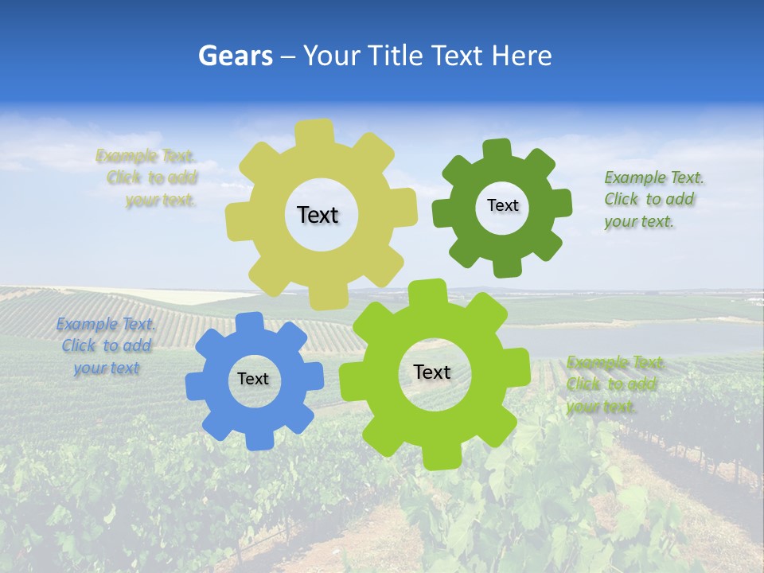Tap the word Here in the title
pos(521,57)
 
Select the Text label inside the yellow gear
pos(318,215)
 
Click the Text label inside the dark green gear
pos(502,205)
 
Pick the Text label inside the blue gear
pos(253,379)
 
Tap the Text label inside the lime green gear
pos(432,372)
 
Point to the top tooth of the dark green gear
pos(497,150)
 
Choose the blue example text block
pos(106,345)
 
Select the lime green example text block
pos(613,384)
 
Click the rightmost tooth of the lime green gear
pos(517,368)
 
